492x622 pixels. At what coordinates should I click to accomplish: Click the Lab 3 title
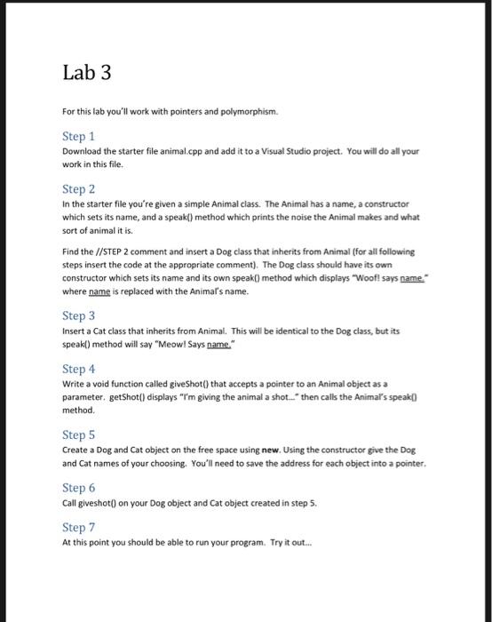point(86,75)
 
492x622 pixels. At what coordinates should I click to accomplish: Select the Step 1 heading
point(78,136)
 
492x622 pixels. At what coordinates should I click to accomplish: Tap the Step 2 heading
point(78,188)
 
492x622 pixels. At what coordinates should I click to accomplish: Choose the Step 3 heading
point(78,315)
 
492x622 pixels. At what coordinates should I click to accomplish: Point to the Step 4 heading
point(78,368)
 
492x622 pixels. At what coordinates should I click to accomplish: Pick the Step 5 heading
point(78,435)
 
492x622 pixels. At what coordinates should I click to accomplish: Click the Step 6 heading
point(78,488)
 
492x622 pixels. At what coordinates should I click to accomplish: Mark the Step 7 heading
point(78,528)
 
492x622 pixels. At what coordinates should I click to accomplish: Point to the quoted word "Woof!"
point(365,277)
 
